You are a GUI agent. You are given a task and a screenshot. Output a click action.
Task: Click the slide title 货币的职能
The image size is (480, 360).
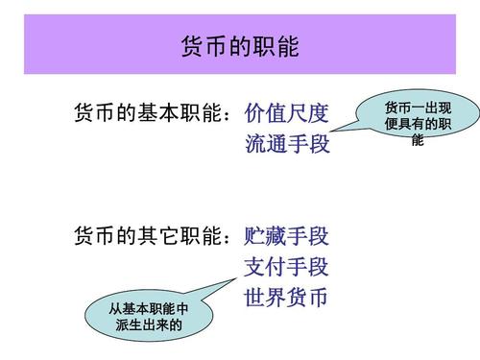pyautogui.click(x=240, y=46)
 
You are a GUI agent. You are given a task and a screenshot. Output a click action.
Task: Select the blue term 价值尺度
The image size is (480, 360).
pyautogui.click(x=287, y=113)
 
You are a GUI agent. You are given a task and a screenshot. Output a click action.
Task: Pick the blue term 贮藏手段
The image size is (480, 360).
pyautogui.click(x=287, y=234)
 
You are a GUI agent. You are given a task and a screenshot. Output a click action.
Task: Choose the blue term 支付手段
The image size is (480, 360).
pyautogui.click(x=287, y=266)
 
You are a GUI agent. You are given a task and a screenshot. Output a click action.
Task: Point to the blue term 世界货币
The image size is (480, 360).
pyautogui.click(x=287, y=298)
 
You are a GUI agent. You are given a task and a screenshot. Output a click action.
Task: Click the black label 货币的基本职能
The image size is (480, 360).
pyautogui.click(x=148, y=113)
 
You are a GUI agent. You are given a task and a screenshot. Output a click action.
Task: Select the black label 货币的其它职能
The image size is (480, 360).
pyautogui.click(x=148, y=234)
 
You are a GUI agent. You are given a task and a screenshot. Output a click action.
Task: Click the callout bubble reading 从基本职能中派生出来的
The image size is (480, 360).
pyautogui.click(x=149, y=318)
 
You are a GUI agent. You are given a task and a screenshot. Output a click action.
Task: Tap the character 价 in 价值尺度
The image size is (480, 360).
pyautogui.click(x=255, y=113)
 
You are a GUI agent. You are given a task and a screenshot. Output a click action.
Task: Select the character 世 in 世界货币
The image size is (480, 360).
pyautogui.click(x=255, y=298)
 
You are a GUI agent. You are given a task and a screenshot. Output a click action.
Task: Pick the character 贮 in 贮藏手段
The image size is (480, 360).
pyautogui.click(x=255, y=234)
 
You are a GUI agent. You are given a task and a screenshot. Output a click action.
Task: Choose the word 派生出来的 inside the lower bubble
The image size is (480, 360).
pyautogui.click(x=149, y=325)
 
